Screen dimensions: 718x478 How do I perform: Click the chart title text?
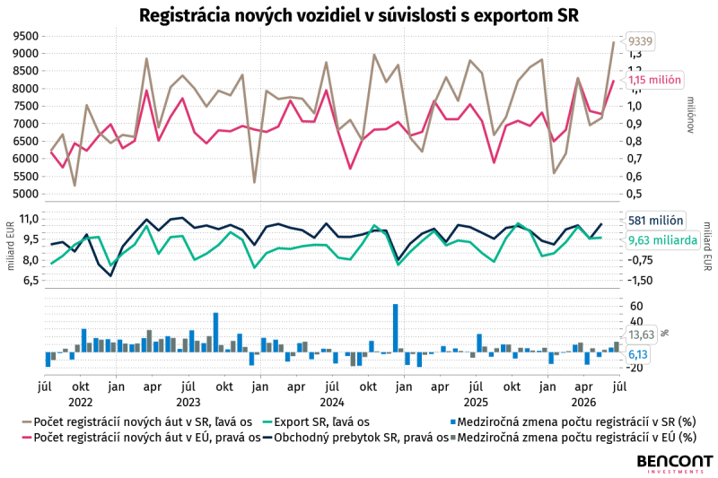coord(358,15)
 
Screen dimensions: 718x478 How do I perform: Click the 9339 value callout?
coord(639,41)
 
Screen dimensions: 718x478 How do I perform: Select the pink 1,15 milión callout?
coord(654,80)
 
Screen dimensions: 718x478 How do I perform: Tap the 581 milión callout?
coord(655,221)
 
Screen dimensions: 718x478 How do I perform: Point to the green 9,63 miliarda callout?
coord(662,240)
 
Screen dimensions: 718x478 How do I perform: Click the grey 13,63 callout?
coord(641,335)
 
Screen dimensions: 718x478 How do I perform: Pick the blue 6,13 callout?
coord(637,354)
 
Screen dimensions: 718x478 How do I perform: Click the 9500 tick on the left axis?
coord(27,36)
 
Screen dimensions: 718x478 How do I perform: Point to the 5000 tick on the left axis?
coord(27,194)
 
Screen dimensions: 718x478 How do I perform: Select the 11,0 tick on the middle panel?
coord(30,219)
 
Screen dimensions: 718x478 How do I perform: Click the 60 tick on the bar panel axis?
coord(636,306)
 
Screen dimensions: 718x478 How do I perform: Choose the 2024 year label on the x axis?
coord(332,403)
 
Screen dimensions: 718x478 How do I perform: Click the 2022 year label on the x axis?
coord(81,403)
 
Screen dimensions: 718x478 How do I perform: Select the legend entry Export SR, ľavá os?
coord(315,422)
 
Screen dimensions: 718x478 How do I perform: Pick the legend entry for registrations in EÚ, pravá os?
coord(142,438)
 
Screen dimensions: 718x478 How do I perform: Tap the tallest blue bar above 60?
coord(396,328)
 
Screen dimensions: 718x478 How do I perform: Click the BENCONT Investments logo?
coord(675,464)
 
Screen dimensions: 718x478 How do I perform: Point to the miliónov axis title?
coord(691,115)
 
